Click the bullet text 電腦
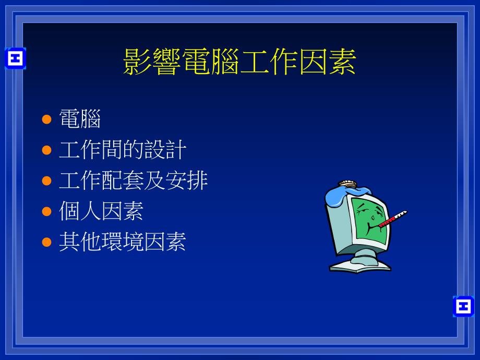tap(79, 119)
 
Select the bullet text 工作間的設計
tap(123, 150)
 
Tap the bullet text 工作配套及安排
tap(133, 181)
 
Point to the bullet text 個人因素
tap(101, 211)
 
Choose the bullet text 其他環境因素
tap(123, 242)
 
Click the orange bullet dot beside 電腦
tap(46, 119)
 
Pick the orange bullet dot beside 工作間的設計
tap(46, 150)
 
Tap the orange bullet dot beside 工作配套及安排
tap(46, 181)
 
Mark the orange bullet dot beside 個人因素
tap(46, 211)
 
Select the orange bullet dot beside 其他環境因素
tap(46, 242)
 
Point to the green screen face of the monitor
tap(368, 222)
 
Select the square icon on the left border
tap(15, 58)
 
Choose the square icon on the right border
tap(463, 306)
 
